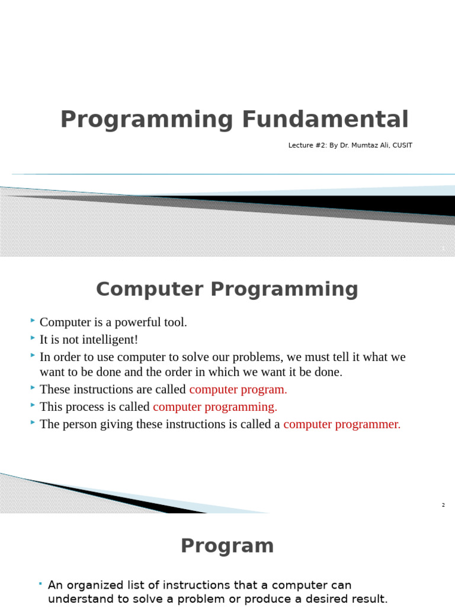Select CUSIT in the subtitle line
click(401, 145)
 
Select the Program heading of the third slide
click(227, 546)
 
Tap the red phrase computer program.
click(238, 389)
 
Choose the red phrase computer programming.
click(215, 407)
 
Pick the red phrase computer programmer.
click(342, 424)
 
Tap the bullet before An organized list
click(40, 584)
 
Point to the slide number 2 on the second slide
click(443, 505)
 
